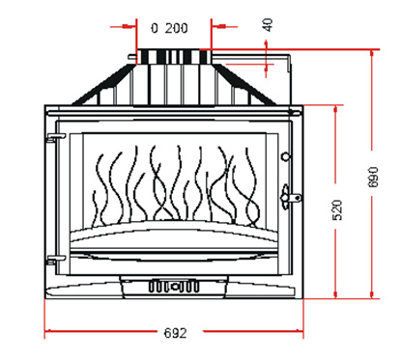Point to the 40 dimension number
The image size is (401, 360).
point(268,24)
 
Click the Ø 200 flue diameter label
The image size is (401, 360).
point(171,27)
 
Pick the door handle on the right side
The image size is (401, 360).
point(285,198)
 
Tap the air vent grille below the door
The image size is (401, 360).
point(171,287)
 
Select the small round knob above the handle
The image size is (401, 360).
point(284,156)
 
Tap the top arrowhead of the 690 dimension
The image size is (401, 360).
point(374,55)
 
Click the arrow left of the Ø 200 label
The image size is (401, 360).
point(131,27)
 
